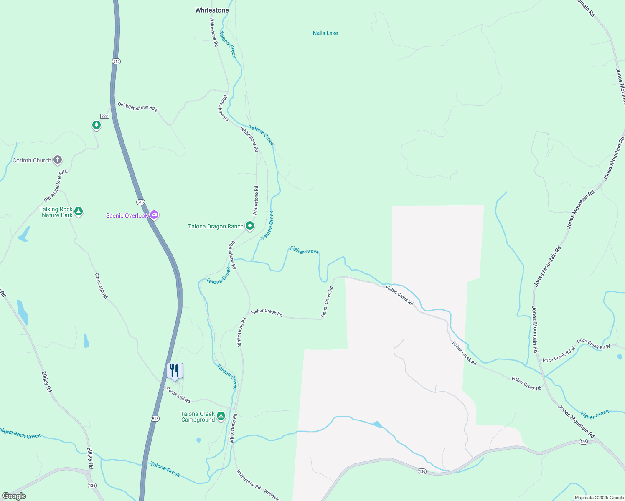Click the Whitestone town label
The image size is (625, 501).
click(x=212, y=10)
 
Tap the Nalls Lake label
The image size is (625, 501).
click(x=325, y=33)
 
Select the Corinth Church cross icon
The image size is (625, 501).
click(x=58, y=160)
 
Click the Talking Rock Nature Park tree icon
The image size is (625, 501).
click(x=79, y=212)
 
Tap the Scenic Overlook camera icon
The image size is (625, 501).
click(x=154, y=215)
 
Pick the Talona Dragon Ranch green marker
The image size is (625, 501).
click(x=250, y=226)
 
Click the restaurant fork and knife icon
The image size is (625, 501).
click(x=175, y=370)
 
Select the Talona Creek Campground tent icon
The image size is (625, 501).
click(x=221, y=416)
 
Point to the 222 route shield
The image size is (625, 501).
click(x=104, y=116)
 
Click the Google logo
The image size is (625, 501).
click(x=14, y=496)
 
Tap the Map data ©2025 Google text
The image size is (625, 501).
click(x=599, y=498)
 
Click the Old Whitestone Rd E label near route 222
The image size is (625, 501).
click(x=138, y=107)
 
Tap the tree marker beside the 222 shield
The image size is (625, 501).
click(x=97, y=125)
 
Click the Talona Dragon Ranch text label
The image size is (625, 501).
click(x=216, y=226)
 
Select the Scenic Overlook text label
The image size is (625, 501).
click(x=127, y=215)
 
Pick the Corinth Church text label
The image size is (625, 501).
click(x=32, y=160)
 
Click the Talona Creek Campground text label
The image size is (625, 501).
click(x=198, y=417)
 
